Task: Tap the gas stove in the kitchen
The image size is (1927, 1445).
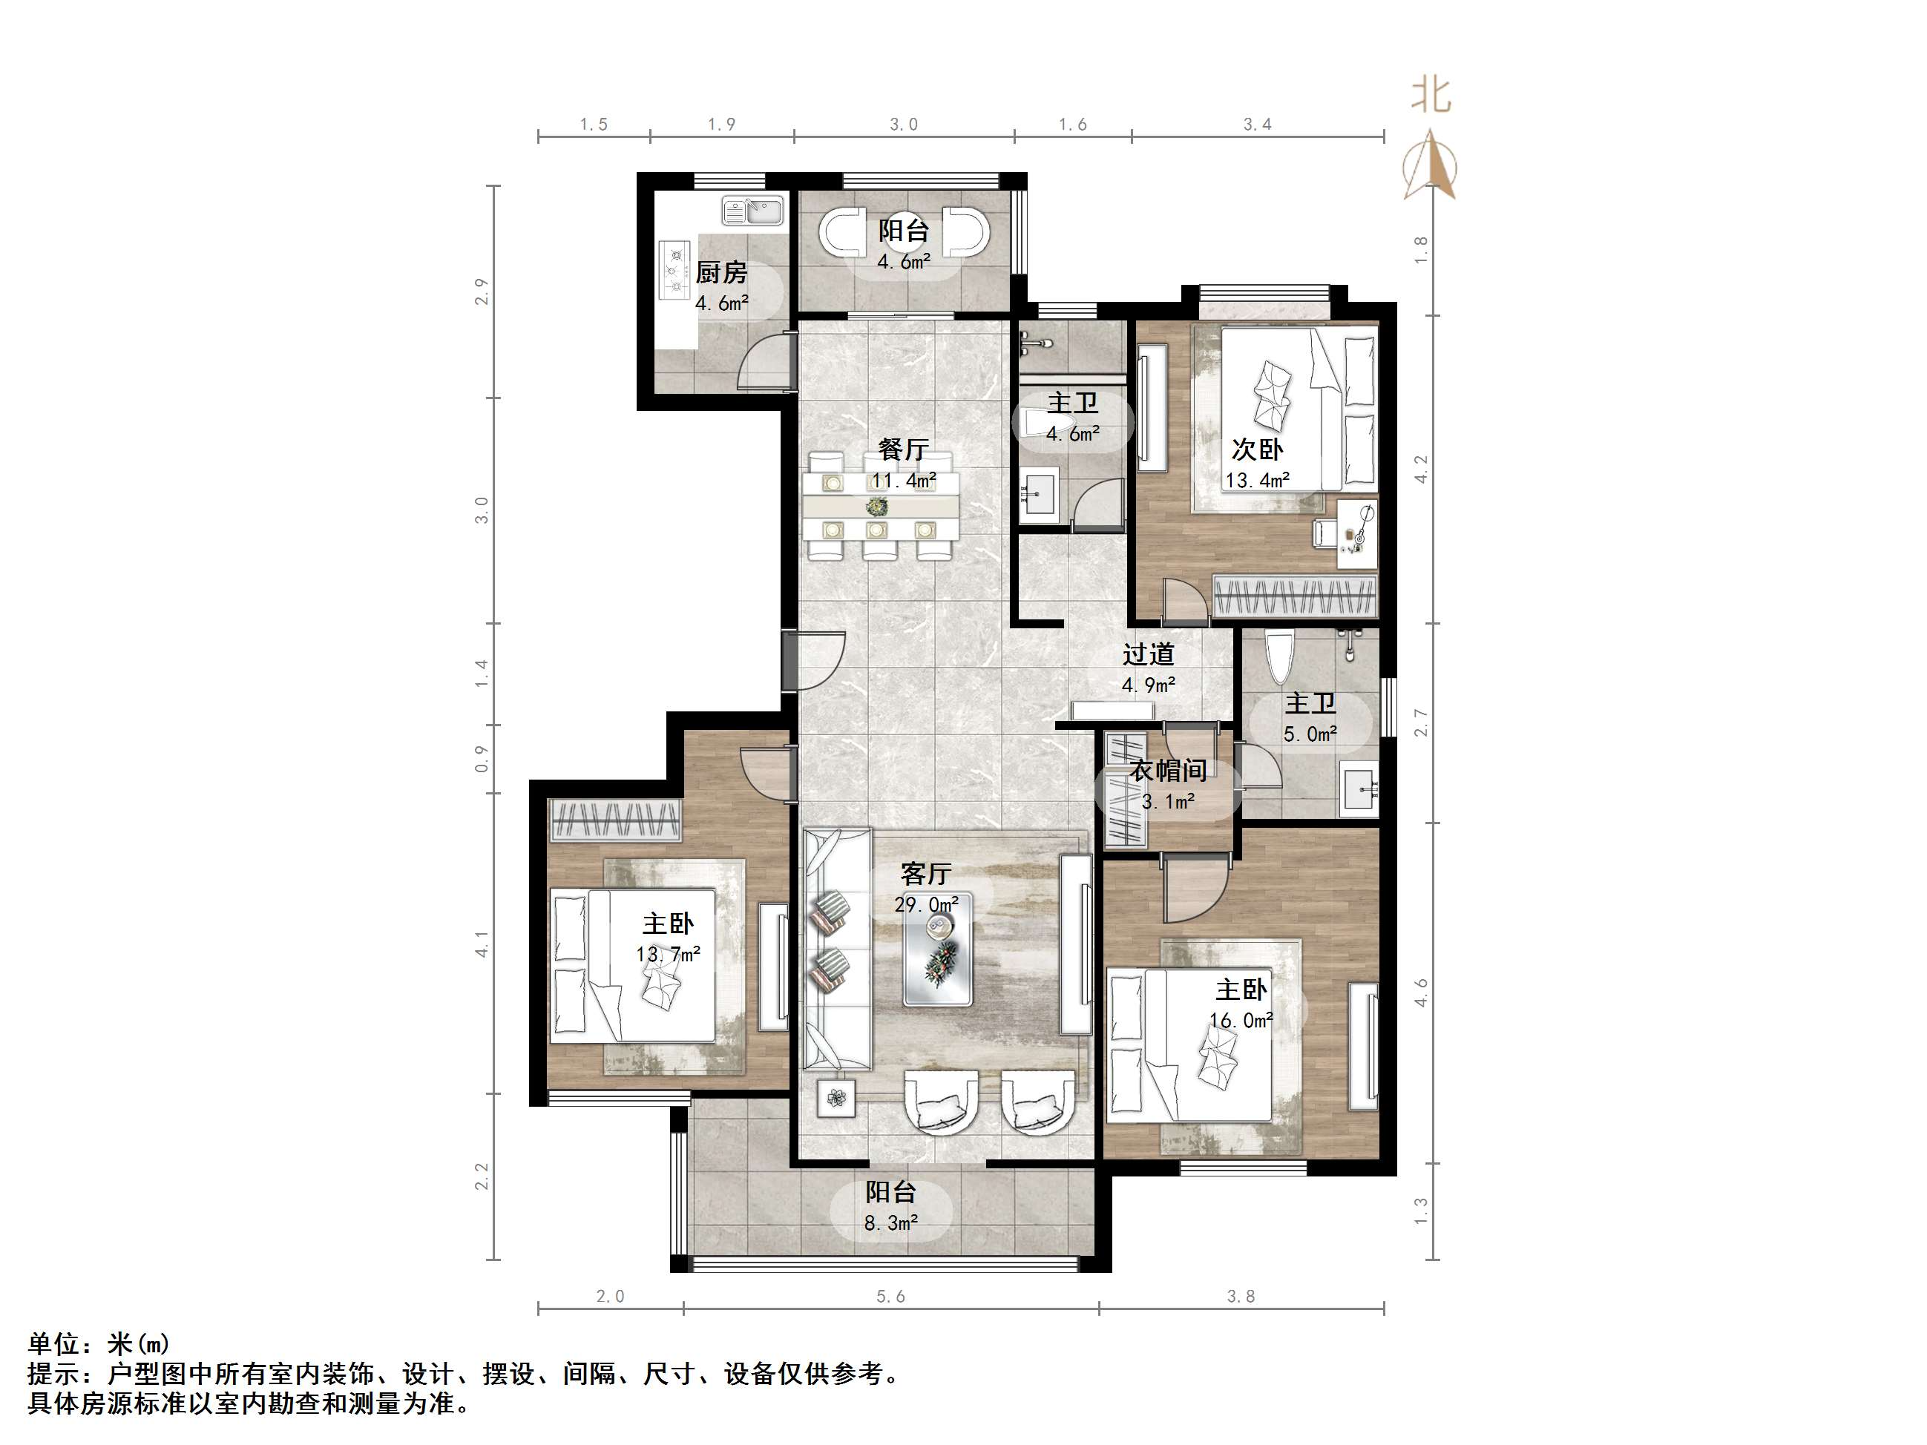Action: (675, 269)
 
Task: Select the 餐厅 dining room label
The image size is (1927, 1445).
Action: (902, 450)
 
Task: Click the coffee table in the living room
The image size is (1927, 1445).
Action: (937, 950)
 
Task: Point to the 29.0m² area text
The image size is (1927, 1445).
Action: (926, 905)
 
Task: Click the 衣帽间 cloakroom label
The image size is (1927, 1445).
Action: (1168, 770)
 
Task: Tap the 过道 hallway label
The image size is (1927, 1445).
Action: (1147, 654)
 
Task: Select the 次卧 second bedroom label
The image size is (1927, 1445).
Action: (1256, 450)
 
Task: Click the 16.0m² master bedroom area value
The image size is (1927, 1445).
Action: (1241, 1020)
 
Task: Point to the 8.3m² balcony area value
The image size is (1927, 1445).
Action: (890, 1223)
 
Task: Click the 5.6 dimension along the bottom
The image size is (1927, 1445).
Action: (890, 1297)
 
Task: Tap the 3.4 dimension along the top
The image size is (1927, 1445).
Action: (1257, 125)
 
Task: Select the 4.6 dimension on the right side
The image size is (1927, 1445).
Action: (1421, 993)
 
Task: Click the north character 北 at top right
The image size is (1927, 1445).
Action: (1431, 95)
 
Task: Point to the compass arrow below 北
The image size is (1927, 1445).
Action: (1430, 165)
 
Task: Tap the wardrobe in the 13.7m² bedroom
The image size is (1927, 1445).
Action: (616, 820)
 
